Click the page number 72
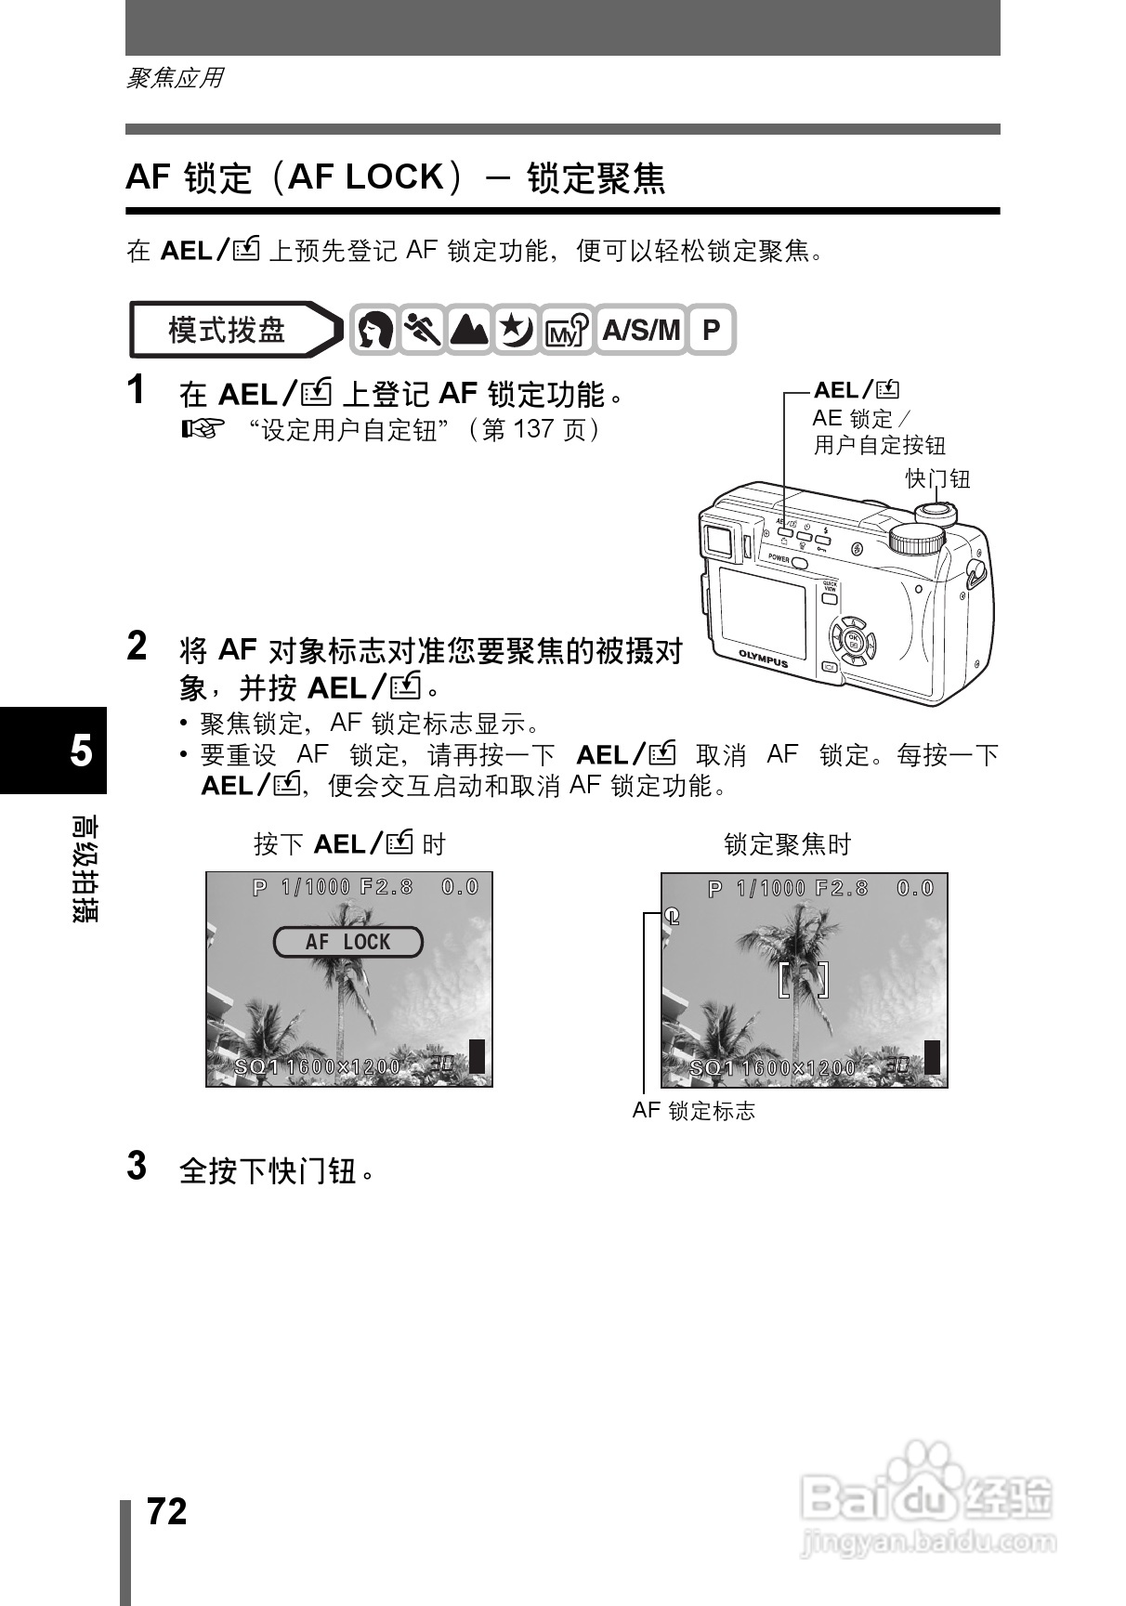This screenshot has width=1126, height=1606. (167, 1511)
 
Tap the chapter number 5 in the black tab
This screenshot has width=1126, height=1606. (82, 750)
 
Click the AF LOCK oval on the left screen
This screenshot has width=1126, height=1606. (347, 942)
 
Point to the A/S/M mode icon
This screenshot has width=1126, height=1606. (641, 330)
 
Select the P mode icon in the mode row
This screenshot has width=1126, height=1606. (711, 330)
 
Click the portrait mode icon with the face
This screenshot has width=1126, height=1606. (374, 330)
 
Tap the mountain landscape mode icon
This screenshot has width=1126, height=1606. (469, 330)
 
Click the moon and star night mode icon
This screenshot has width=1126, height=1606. (517, 330)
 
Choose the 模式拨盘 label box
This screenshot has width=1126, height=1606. (228, 330)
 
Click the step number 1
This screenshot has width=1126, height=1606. (137, 390)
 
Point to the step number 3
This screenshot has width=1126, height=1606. (137, 1166)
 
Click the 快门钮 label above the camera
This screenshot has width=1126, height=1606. (937, 478)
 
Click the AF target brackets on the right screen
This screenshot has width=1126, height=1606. (803, 980)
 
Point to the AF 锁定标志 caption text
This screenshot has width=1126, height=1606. (693, 1111)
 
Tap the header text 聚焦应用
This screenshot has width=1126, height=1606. (175, 78)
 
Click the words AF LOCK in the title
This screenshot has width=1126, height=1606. (366, 176)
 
